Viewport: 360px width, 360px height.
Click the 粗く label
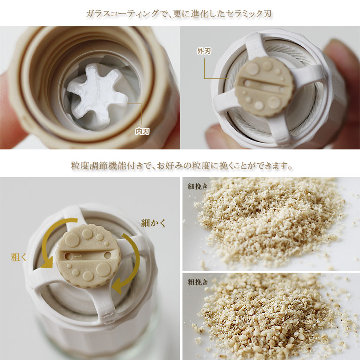click(x=19, y=257)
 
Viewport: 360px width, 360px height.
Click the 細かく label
click(x=153, y=223)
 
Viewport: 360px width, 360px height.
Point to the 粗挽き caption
click(x=198, y=282)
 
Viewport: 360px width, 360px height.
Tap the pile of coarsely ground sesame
click(x=271, y=316)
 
